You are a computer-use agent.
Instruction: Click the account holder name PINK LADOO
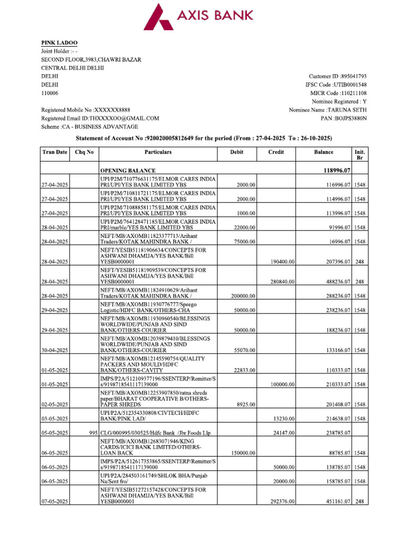point(58,43)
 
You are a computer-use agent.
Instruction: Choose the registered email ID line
point(100,118)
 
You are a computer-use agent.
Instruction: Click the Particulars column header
point(158,152)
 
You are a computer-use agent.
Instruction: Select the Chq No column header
point(84,152)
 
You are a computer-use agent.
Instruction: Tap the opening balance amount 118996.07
point(334,171)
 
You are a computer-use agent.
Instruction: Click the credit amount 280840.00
point(283,282)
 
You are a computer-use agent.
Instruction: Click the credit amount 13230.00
point(284,419)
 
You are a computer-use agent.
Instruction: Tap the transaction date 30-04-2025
point(55,350)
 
